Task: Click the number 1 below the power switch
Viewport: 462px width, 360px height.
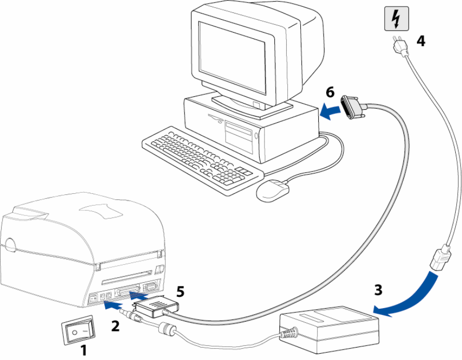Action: click(x=84, y=350)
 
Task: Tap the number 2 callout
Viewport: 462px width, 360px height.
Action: click(x=115, y=326)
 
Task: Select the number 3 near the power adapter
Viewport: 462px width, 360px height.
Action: click(x=379, y=290)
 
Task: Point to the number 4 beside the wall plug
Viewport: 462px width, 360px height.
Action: click(x=421, y=41)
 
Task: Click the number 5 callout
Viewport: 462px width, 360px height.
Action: click(x=180, y=292)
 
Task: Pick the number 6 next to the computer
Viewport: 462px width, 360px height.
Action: click(x=330, y=92)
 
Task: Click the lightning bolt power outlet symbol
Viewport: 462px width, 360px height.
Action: click(x=397, y=19)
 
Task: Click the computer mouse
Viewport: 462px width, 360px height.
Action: click(x=273, y=190)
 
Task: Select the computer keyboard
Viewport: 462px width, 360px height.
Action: click(x=202, y=161)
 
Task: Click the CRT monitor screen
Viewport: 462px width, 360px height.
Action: click(x=232, y=57)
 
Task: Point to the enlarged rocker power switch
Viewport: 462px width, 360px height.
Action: click(x=79, y=329)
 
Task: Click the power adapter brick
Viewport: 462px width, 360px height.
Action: click(x=329, y=329)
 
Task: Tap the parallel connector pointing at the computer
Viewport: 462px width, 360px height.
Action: click(x=353, y=107)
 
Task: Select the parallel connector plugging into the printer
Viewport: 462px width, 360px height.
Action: click(x=156, y=306)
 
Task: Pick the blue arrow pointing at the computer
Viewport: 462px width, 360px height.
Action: click(x=330, y=111)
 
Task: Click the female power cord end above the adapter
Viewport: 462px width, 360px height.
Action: click(x=441, y=258)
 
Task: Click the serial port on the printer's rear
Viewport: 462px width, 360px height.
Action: click(x=149, y=286)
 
